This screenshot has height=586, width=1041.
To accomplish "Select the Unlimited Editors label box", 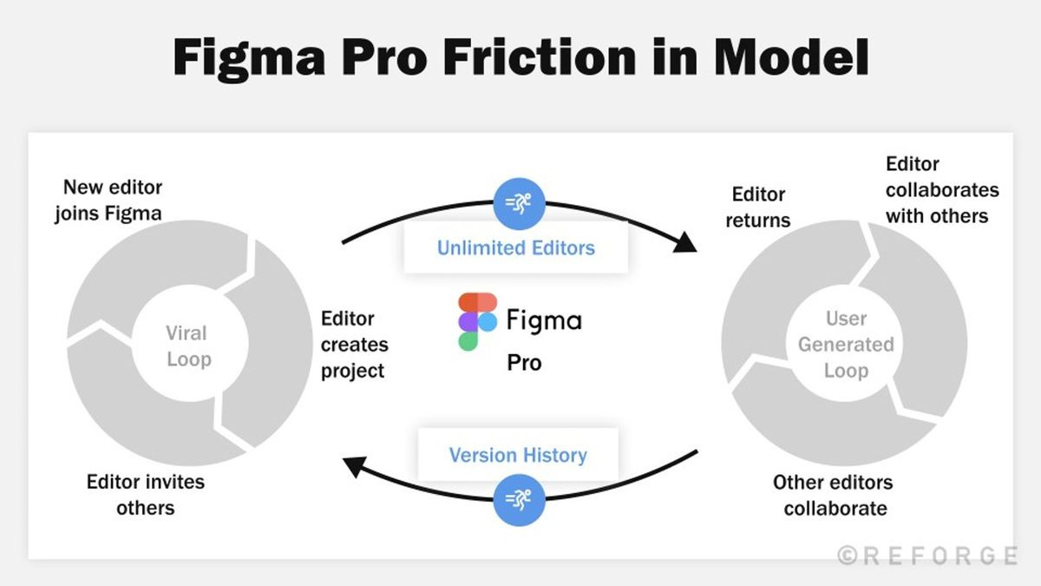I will tap(515, 248).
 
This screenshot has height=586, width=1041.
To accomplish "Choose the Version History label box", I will tap(517, 455).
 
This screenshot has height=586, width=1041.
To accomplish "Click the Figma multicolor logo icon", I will tap(476, 322).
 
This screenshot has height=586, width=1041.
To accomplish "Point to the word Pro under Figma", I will tap(524, 362).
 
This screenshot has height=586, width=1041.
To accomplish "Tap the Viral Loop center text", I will tap(188, 346).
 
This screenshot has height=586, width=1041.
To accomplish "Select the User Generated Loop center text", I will tap(846, 345).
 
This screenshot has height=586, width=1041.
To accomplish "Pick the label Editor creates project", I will tap(354, 345).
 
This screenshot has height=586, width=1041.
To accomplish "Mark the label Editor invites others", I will tap(146, 494).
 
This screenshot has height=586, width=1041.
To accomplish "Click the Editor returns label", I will tap(758, 207).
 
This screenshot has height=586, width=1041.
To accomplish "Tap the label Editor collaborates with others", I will tap(941, 190).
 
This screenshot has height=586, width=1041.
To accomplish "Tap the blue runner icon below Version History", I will tap(518, 501).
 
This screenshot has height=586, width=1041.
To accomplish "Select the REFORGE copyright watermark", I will tap(926, 556).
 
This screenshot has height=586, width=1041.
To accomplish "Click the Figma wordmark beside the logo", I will tap(544, 320).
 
